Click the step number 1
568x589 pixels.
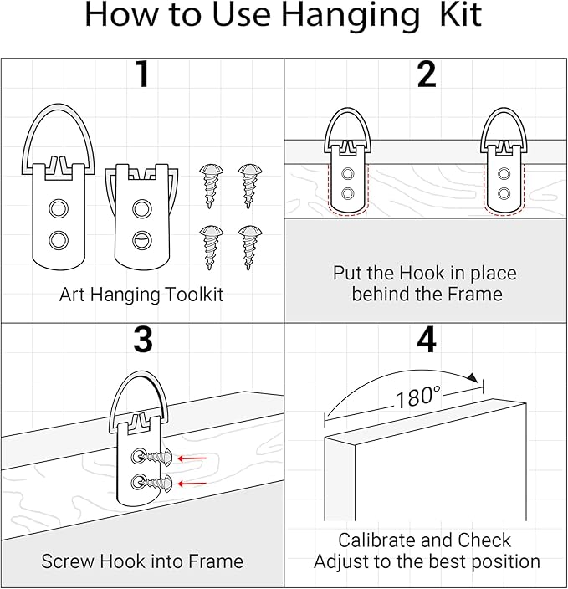click(142, 76)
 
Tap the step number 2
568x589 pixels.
click(426, 76)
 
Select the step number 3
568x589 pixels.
click(142, 341)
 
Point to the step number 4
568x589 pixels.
click(426, 341)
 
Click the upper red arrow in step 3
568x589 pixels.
click(194, 458)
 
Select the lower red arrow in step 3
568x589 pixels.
click(194, 483)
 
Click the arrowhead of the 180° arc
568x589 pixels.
click(474, 378)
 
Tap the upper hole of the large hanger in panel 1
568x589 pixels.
click(58, 207)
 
